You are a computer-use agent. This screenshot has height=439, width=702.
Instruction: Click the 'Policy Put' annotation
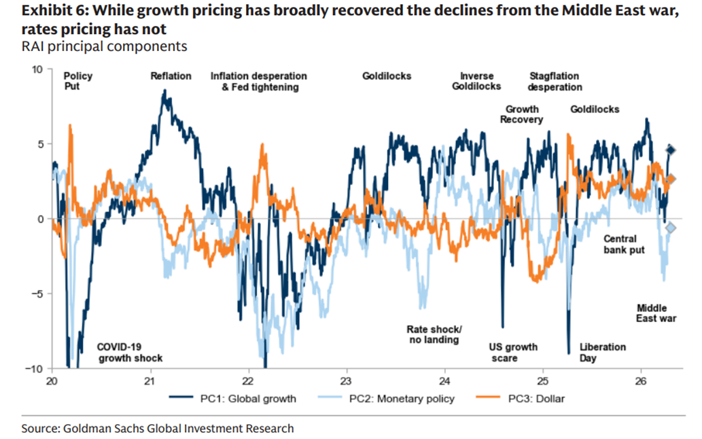click(x=77, y=82)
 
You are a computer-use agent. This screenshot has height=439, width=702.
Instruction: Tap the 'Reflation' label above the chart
click(x=171, y=76)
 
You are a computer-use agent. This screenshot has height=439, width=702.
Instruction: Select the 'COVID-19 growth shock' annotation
click(x=130, y=352)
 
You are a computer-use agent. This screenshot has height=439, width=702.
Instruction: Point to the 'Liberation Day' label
click(x=602, y=352)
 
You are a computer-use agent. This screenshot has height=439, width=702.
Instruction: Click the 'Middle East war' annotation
click(x=656, y=313)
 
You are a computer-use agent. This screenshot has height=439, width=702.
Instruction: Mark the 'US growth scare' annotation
click(x=513, y=352)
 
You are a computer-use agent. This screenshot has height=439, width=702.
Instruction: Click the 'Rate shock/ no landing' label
click(x=433, y=334)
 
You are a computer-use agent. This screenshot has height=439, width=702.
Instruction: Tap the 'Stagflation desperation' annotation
click(x=555, y=82)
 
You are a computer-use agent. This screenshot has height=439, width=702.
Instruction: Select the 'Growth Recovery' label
click(x=521, y=114)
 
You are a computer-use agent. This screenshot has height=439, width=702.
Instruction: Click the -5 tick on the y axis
click(x=37, y=294)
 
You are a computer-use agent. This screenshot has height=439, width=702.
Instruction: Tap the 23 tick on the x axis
click(x=346, y=380)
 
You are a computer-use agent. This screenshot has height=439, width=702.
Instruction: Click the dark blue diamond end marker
click(x=671, y=150)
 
